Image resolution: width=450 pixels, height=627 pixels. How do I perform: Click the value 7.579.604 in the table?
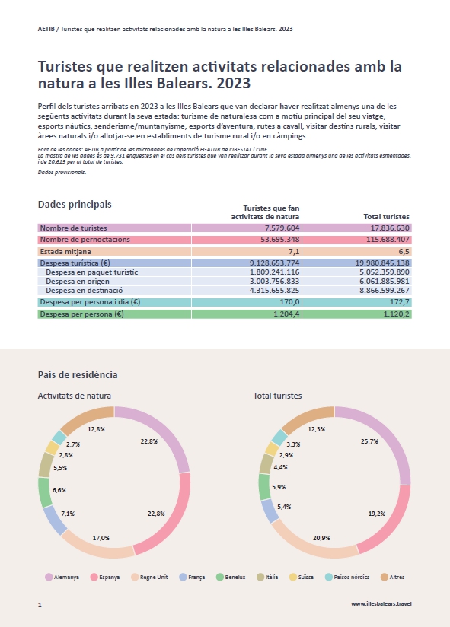coord(282,228)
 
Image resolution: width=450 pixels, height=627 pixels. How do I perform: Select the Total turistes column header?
coord(386,216)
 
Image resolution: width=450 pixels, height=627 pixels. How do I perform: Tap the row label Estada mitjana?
coord(65,252)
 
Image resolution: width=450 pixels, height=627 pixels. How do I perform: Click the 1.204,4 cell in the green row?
coord(286,314)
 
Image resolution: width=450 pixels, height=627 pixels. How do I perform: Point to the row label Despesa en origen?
coord(78,281)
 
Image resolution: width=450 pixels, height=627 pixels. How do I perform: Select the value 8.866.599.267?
coord(385,291)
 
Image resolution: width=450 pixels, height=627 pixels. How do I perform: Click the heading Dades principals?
coord(75,205)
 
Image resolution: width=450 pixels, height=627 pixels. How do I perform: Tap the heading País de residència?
coord(78,374)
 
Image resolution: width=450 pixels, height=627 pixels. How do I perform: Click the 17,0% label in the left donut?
coord(101,538)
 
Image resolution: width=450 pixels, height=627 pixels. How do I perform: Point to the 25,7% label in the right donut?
coord(369,441)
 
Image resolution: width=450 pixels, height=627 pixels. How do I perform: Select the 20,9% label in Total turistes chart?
coord(321,538)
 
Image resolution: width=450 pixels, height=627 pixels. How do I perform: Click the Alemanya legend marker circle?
coord(49,577)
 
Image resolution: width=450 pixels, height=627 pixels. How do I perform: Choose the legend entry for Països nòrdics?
coord(347,577)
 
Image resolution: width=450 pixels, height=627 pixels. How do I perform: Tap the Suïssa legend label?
coord(306,577)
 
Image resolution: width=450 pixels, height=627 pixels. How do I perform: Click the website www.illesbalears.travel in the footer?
coord(381,604)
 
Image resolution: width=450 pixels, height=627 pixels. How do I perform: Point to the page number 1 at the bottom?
coord(40,605)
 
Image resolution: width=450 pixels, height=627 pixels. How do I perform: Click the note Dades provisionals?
coord(62,172)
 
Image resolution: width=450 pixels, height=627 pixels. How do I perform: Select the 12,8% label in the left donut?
coord(96,429)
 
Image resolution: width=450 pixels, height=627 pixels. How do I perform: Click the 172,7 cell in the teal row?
coord(400,302)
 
